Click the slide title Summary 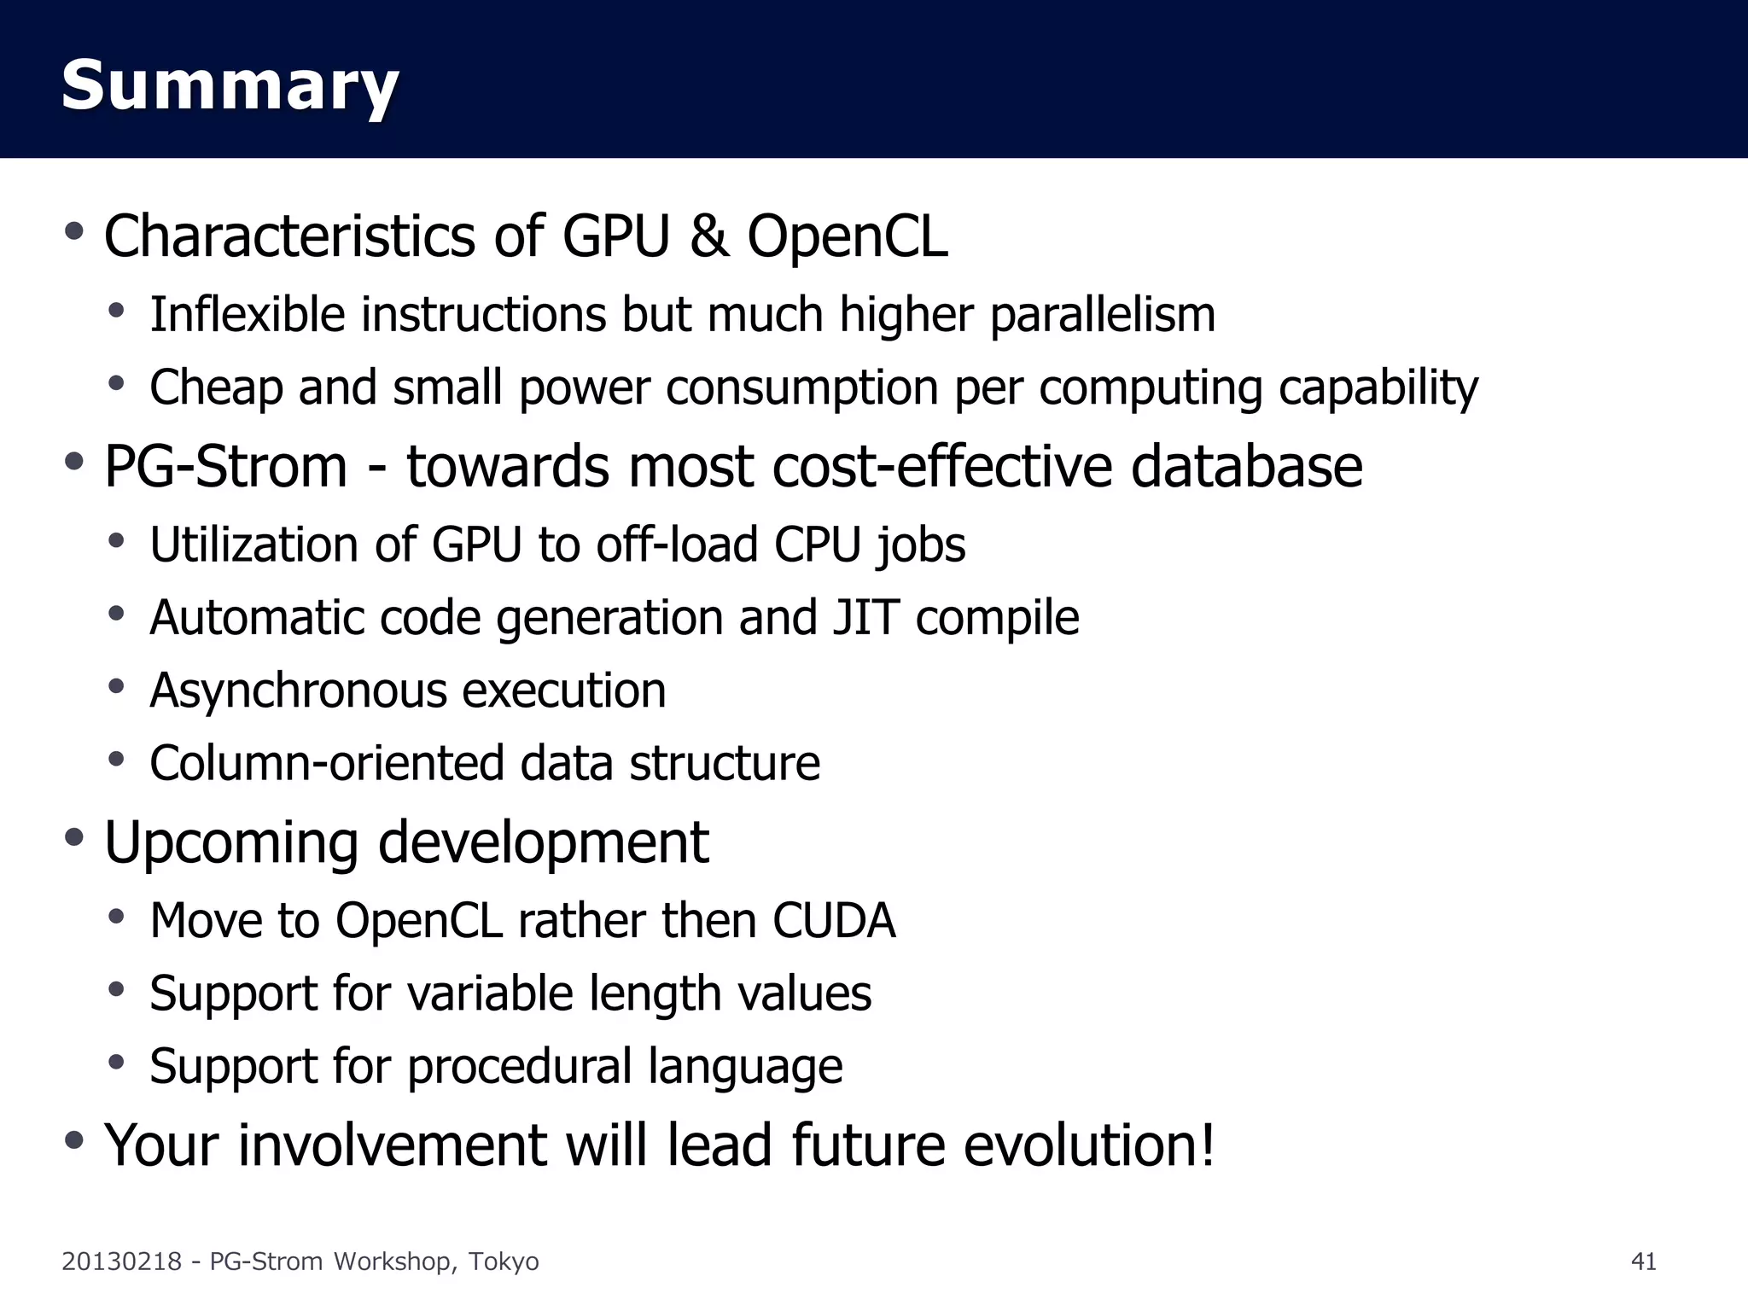tap(230, 85)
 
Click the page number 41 tap(1643, 1261)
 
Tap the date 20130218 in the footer tap(121, 1261)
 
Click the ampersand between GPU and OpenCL tap(709, 236)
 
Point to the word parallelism tap(1102, 315)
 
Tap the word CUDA tap(834, 920)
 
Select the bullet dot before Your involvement tap(74, 1139)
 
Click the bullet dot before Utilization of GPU tap(117, 540)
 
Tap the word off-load tap(677, 545)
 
